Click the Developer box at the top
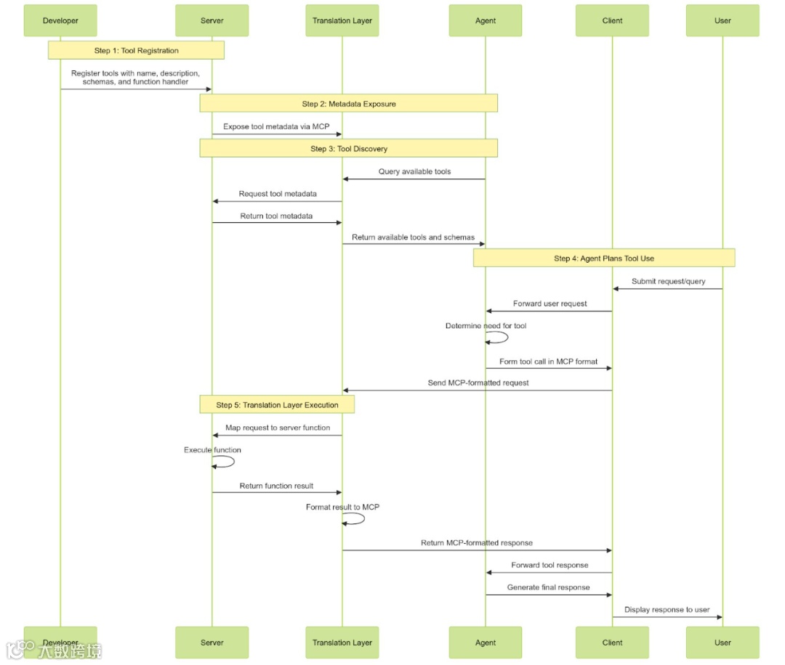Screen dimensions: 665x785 60,20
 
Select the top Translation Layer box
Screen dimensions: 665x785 342,20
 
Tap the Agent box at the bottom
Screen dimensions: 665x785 486,642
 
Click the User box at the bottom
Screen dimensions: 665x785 722,642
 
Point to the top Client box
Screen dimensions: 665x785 612,20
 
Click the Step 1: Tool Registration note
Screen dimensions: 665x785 136,50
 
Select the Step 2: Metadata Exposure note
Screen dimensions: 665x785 349,104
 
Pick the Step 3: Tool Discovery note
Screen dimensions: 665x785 349,149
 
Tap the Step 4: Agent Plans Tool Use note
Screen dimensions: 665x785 603,258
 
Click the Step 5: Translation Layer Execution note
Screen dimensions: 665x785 277,405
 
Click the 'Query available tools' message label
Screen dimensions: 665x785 414,171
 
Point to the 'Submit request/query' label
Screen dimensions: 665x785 668,281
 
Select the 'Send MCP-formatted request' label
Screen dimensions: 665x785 478,383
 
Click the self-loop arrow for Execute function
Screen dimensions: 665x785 227,461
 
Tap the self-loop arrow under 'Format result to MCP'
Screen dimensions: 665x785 357,518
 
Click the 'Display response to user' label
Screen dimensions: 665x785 667,610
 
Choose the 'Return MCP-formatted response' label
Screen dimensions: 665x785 476,542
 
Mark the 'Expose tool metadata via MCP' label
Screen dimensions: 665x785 276,126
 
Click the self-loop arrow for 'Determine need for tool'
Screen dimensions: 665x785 500,337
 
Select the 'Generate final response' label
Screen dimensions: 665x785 548,587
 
